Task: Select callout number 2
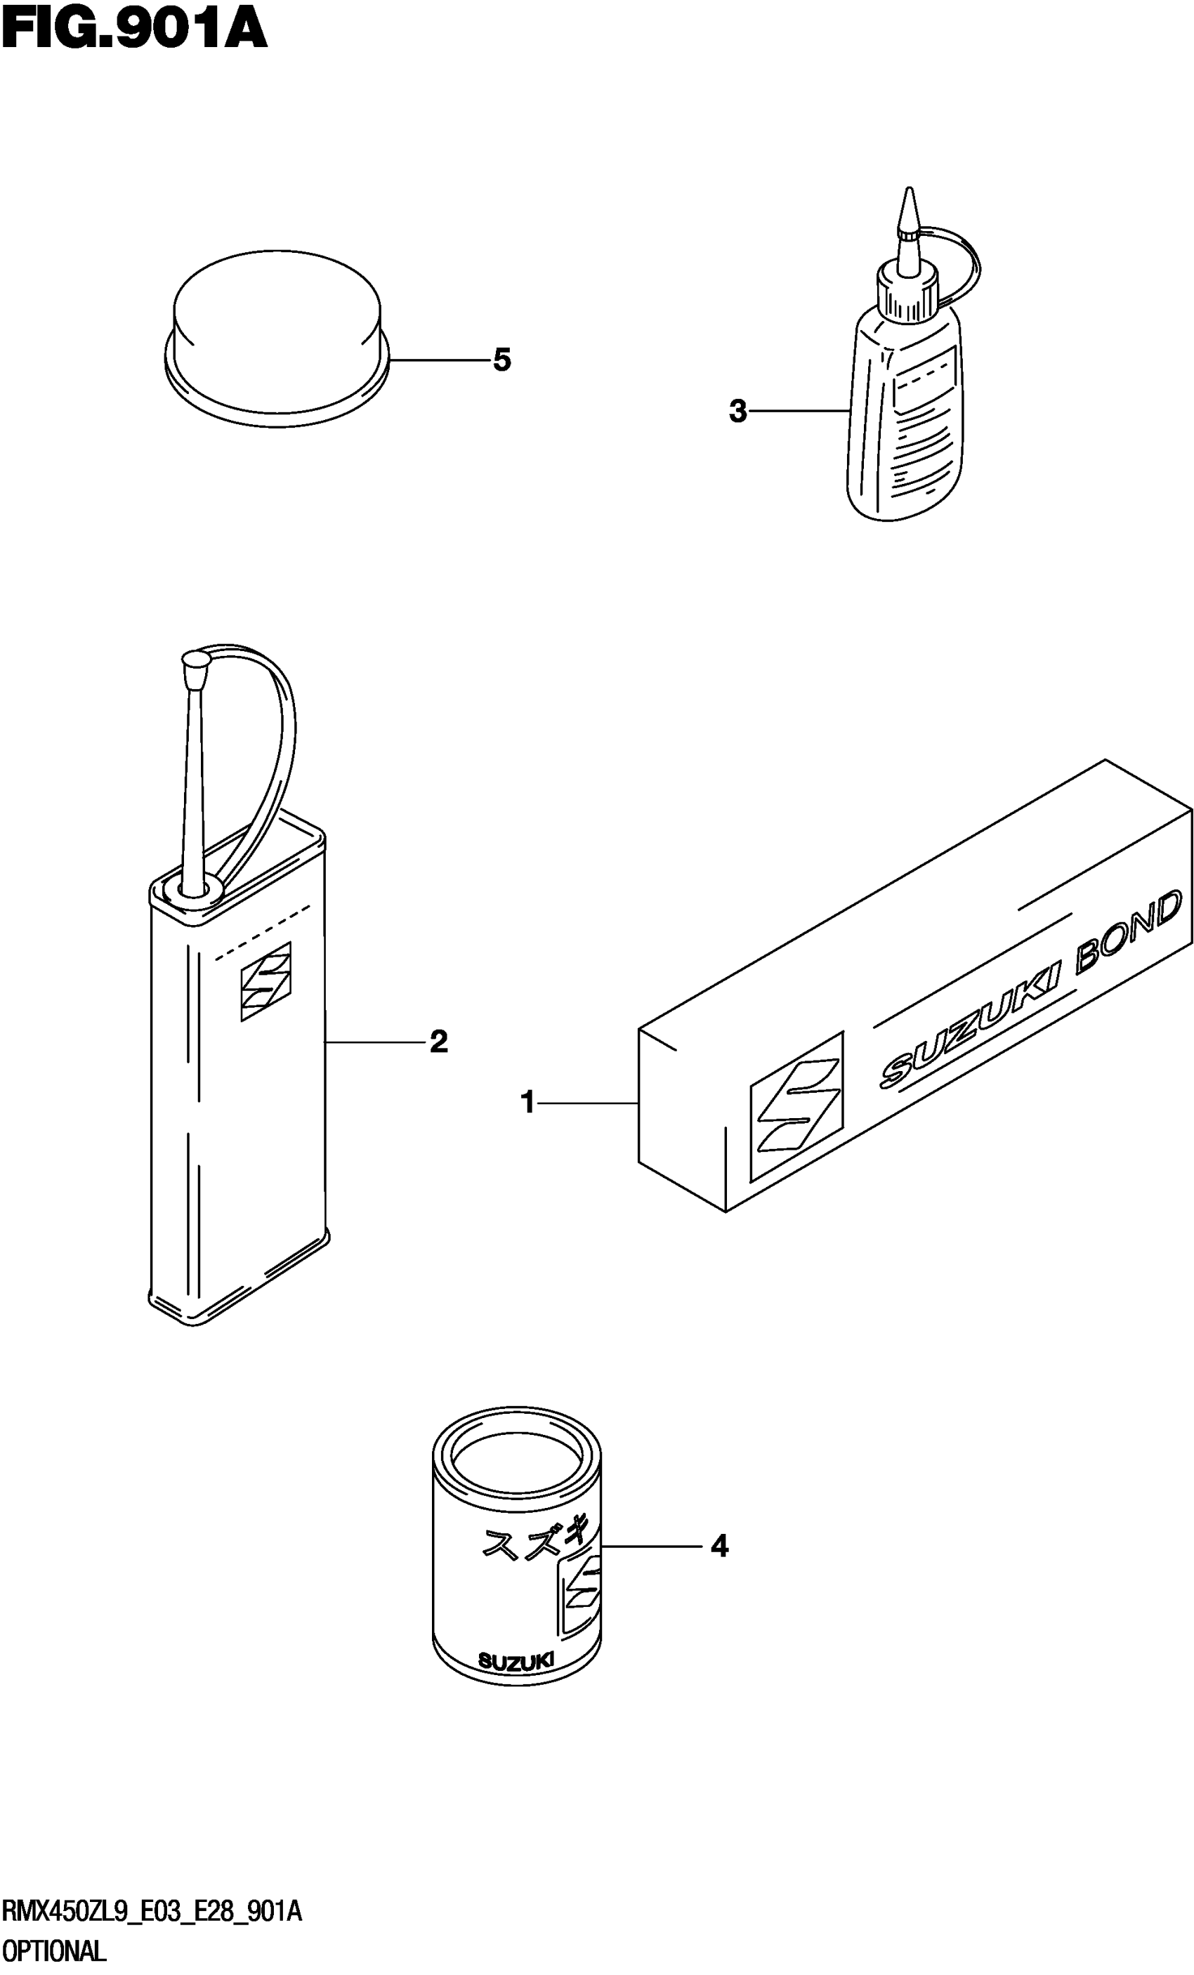438,1042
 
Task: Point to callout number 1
527,1103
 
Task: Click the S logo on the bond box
796,1106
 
